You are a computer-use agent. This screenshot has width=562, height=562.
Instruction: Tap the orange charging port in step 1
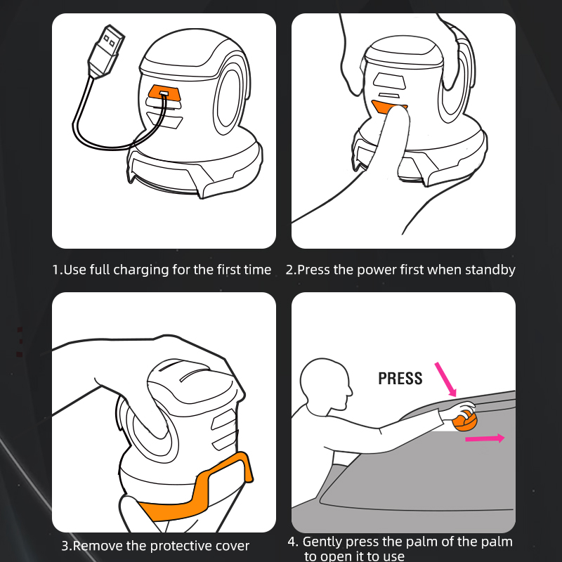click(x=165, y=93)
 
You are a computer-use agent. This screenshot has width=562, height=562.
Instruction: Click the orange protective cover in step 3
click(x=201, y=488)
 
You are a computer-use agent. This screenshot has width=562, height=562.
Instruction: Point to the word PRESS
click(x=400, y=379)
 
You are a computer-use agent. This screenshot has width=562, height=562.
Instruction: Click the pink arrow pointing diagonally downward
click(x=445, y=379)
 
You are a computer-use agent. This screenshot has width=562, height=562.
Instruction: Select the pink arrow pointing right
click(x=485, y=438)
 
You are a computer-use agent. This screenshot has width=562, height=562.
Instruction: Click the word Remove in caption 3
click(x=98, y=546)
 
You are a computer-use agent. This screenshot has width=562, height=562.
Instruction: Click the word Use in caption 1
click(x=74, y=270)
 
